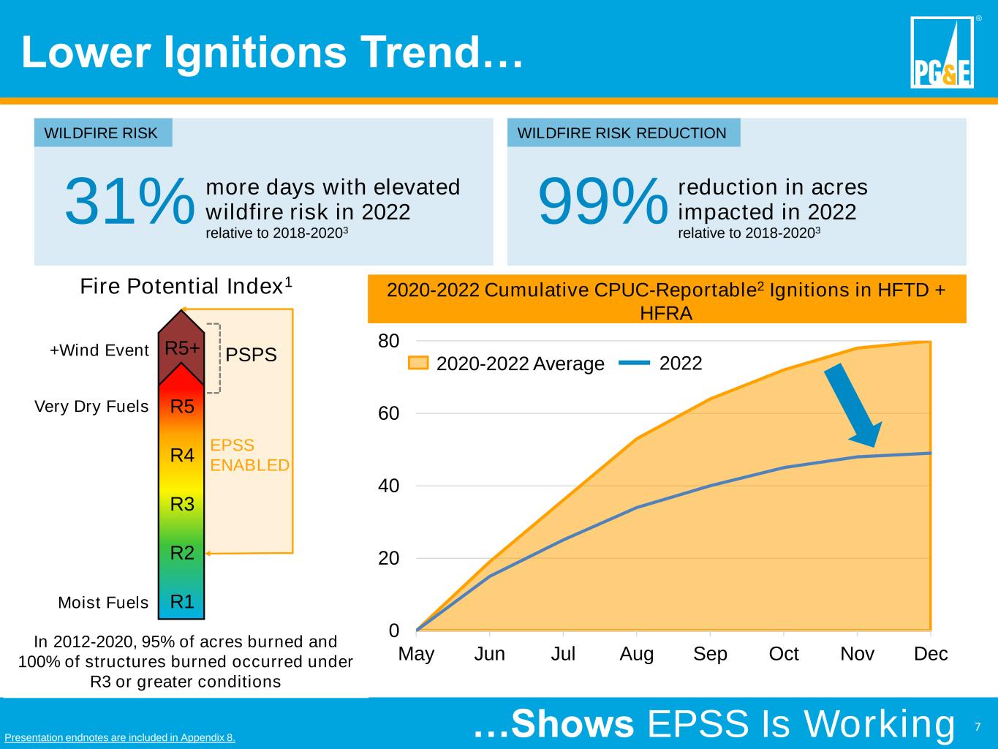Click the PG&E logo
942,53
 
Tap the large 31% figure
130,203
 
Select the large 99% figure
603,203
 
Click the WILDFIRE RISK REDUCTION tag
622,133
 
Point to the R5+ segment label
182,349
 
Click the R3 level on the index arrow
182,504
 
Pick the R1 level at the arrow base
182,602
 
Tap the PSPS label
251,355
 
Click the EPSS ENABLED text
249,455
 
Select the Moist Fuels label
103,603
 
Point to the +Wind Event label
99,350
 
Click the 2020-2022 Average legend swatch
418,363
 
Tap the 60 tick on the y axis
388,414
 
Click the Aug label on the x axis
636,654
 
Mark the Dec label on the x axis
931,654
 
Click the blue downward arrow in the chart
853,406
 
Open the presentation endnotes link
120,737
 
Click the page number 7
978,727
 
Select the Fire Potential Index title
186,286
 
